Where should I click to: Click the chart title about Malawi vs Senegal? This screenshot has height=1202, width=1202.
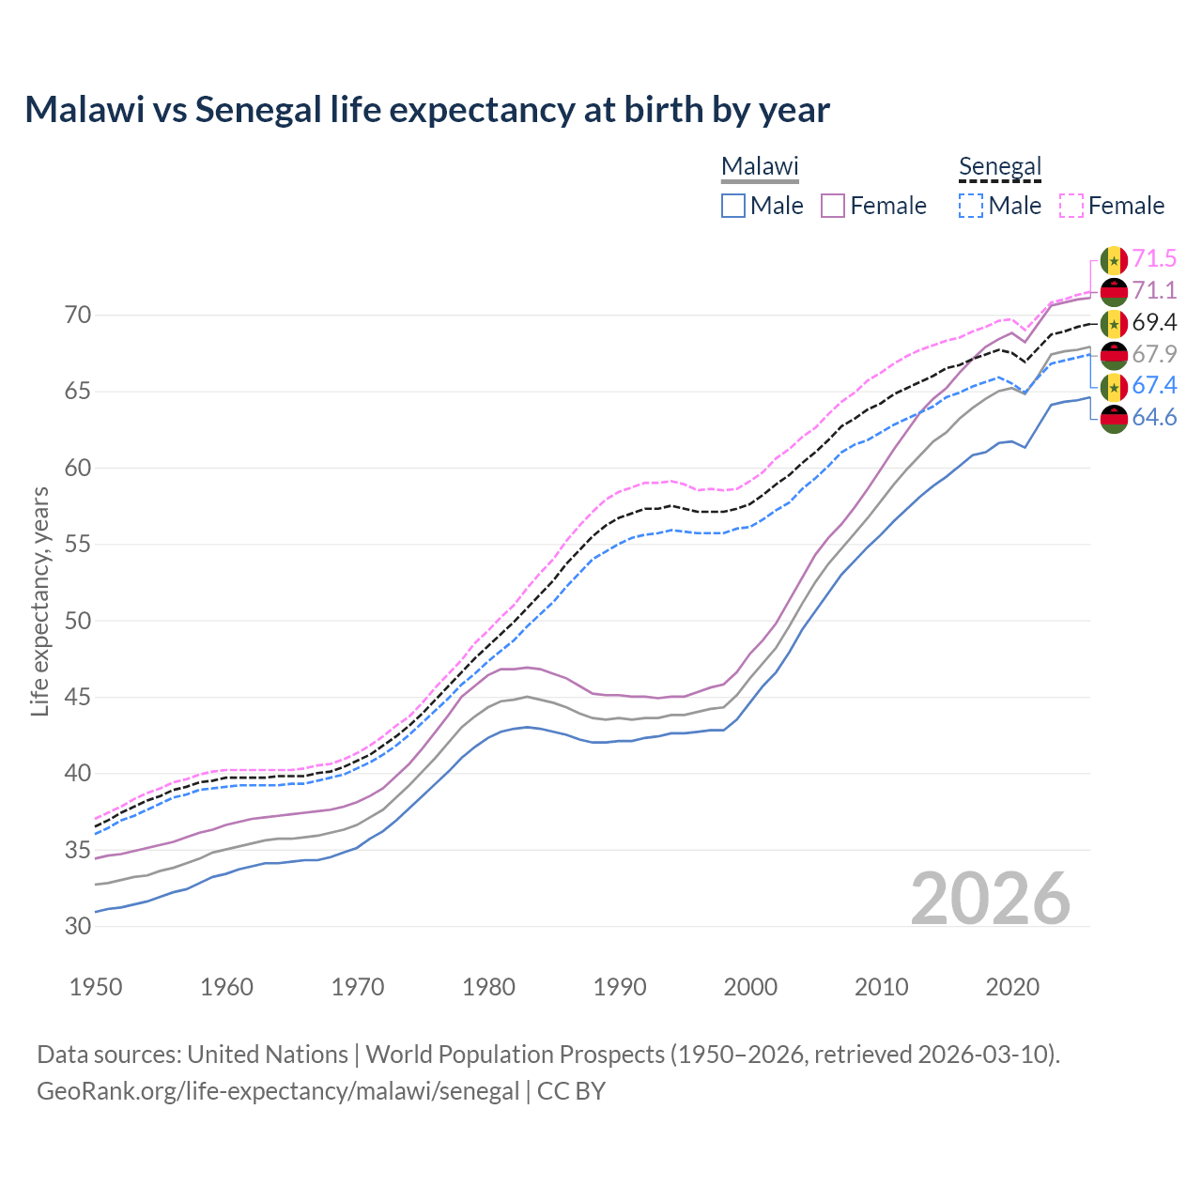point(427,110)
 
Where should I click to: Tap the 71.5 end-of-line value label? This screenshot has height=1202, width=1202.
point(1154,258)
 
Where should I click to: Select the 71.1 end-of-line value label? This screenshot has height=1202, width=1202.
point(1154,290)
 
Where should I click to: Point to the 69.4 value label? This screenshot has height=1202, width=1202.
point(1154,322)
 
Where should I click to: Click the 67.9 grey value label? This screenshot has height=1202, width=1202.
point(1154,354)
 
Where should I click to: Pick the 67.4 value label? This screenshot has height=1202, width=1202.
point(1154,385)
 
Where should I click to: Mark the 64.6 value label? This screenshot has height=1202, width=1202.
point(1154,417)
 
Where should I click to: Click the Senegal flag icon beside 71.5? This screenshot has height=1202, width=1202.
point(1114,259)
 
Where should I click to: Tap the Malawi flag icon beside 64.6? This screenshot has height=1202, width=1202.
point(1114,418)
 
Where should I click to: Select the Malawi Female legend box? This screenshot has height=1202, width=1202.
point(834,206)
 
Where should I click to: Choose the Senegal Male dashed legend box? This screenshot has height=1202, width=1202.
point(971,206)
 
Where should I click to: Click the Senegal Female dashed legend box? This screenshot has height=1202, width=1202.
point(1071,206)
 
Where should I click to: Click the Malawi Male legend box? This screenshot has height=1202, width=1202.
point(733,206)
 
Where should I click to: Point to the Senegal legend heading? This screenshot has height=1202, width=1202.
point(1000,167)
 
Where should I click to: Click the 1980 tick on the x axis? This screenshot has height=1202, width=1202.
point(488,987)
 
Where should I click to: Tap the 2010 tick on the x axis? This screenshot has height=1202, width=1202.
point(881,987)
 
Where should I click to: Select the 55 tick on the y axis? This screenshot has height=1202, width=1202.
point(79,545)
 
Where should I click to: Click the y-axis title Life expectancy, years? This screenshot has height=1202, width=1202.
point(40,601)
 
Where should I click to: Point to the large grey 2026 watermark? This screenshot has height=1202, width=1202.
point(991,899)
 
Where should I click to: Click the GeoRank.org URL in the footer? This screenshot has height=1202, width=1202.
point(278,1091)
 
